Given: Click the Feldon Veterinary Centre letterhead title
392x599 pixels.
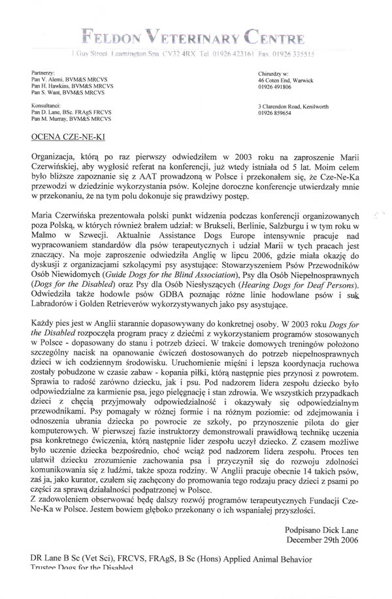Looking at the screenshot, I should [195, 30].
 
